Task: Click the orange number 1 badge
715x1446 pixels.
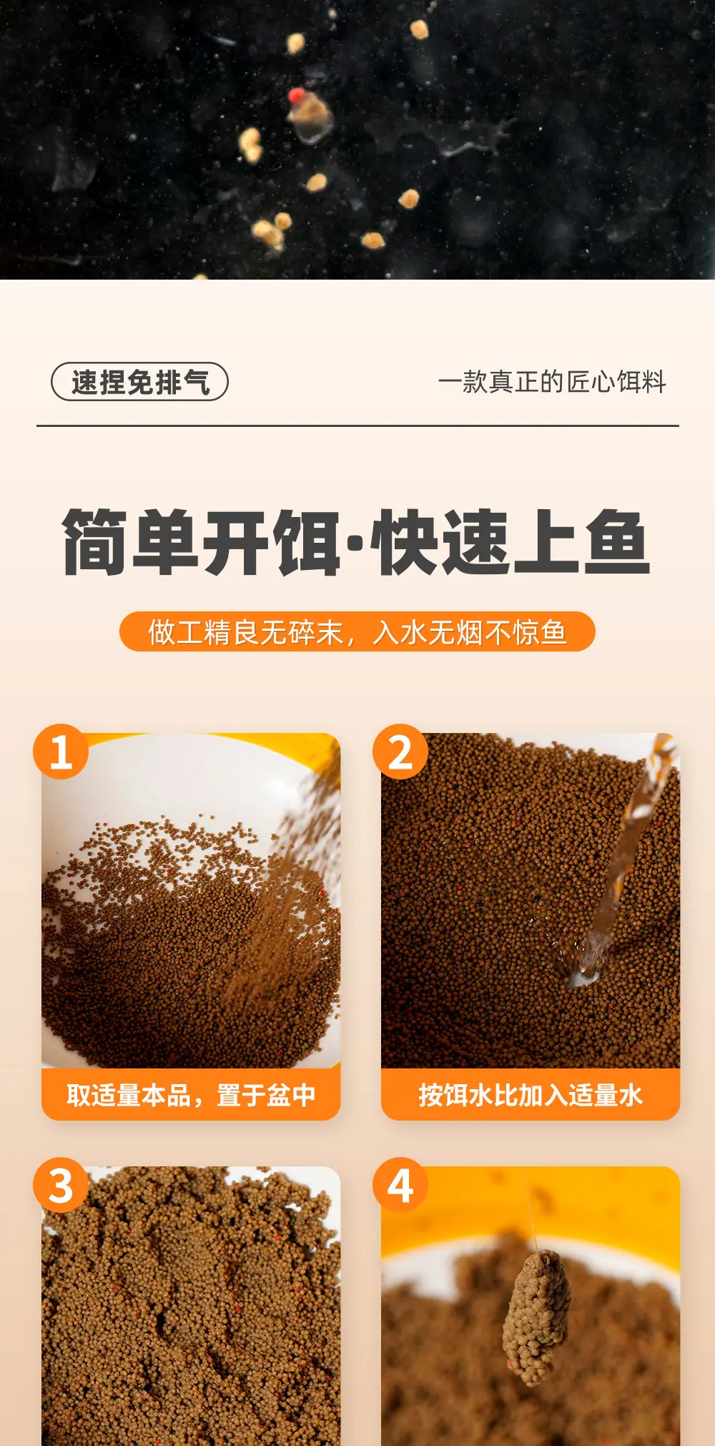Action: (61, 752)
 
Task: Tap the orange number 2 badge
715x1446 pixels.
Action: (400, 752)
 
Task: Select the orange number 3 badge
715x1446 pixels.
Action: (61, 1185)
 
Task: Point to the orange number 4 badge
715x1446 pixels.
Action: (400, 1185)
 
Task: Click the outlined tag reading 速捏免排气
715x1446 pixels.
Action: (139, 382)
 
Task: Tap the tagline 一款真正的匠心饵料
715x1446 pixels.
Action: (552, 382)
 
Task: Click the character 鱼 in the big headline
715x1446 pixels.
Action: (616, 542)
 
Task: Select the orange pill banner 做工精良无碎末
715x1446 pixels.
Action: (357, 631)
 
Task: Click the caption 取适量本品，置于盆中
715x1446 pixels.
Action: (191, 1095)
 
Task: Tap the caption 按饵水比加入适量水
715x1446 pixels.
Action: (531, 1095)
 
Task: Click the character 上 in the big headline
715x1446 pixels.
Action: (546, 542)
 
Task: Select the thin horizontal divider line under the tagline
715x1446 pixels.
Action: (357, 426)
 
